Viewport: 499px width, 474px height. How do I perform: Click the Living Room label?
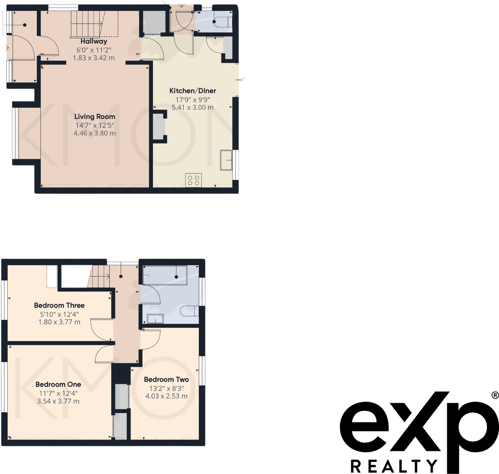[x=95, y=116]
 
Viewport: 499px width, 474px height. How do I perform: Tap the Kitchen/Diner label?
[x=192, y=91]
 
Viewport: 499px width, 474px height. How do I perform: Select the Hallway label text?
[x=94, y=41]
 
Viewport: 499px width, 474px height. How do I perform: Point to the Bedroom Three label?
[x=59, y=305]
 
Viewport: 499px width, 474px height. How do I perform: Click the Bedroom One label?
[x=58, y=384]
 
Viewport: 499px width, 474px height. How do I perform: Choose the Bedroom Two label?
[x=166, y=379]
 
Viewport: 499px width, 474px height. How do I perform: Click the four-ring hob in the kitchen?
[x=194, y=180]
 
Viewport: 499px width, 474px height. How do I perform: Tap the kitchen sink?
[x=226, y=160]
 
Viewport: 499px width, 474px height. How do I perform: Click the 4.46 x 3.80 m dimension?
[x=95, y=133]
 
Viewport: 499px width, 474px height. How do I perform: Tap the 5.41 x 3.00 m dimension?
[x=192, y=107]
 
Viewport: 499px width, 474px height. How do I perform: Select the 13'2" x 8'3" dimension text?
[x=166, y=388]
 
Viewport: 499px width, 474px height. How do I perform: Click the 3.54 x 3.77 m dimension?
[x=58, y=401]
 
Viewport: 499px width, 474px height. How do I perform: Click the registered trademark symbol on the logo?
[x=494, y=395]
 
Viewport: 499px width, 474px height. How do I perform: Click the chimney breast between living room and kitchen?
[x=160, y=126]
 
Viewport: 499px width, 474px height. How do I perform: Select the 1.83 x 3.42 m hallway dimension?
[x=94, y=58]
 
